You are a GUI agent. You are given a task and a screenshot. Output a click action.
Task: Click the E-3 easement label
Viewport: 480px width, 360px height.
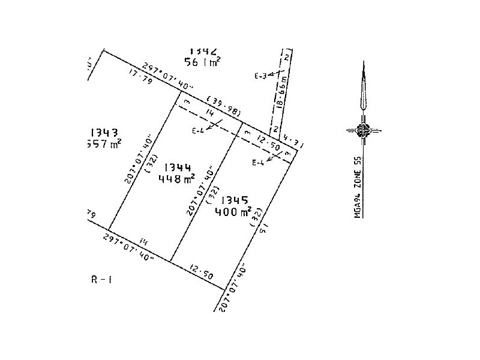[x=260, y=76]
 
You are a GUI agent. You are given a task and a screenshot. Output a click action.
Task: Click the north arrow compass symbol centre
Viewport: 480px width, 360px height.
[x=363, y=129]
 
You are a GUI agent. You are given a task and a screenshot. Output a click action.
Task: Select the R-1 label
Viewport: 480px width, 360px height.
[x=100, y=279]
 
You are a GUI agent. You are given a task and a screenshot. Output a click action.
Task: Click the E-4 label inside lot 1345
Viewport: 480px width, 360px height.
[x=258, y=163]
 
